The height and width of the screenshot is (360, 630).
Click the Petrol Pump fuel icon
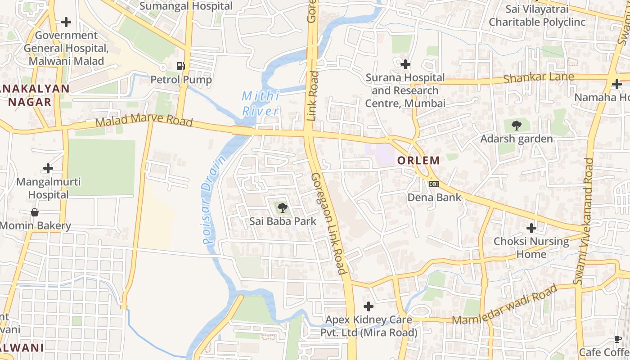tap(180, 66)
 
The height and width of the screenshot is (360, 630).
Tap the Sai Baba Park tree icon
tap(282, 208)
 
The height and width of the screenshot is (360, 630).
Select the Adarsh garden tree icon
tap(516, 126)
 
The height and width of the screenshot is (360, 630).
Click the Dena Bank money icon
tap(434, 184)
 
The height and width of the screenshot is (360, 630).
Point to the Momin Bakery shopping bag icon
tap(35, 212)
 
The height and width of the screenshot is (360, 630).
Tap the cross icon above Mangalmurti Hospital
tap(48, 169)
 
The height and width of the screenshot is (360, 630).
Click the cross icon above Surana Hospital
tap(405, 65)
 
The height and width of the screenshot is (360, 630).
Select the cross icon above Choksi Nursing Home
tap(531, 228)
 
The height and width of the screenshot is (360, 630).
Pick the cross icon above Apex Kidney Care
tap(369, 307)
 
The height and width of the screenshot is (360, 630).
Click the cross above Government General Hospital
tap(66, 22)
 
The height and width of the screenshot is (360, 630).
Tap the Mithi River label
tap(261, 103)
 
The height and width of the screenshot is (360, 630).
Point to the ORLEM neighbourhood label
tap(418, 160)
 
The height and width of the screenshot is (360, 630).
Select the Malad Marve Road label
tap(144, 121)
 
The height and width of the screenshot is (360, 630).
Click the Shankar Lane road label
tap(538, 77)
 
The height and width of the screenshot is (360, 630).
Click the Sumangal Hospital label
tap(186, 6)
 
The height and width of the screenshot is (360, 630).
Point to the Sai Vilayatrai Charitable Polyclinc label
tap(537, 16)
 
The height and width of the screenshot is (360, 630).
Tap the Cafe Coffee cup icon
tap(617, 339)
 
